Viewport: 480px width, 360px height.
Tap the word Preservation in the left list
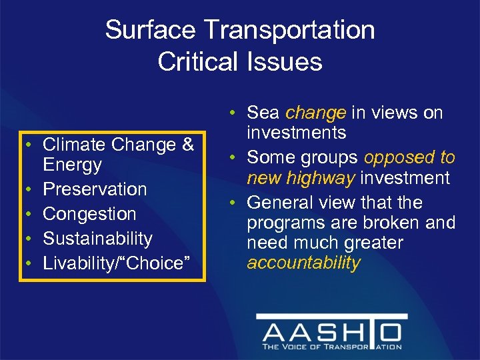95,189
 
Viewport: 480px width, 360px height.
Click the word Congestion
89,214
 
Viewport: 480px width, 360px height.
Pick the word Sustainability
97,239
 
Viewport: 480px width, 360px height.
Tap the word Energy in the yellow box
72,165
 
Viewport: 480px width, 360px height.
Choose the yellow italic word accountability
303,263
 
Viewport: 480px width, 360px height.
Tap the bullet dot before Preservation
31,190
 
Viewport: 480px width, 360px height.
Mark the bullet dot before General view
231,203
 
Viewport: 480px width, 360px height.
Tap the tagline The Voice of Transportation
331,347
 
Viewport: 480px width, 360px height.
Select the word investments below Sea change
297,133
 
